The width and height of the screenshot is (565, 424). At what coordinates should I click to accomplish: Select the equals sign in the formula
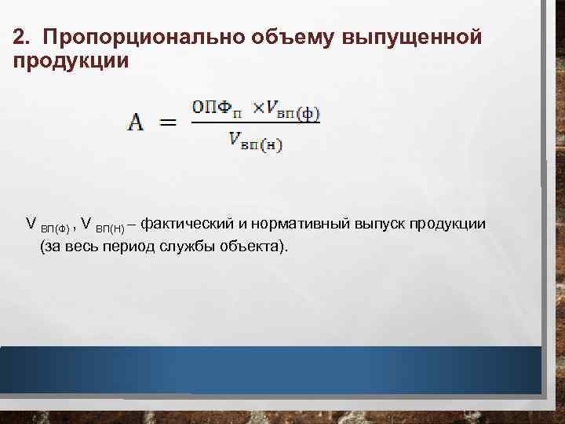pyautogui.click(x=167, y=124)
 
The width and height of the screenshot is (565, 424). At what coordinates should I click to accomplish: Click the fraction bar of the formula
pyautogui.click(x=255, y=123)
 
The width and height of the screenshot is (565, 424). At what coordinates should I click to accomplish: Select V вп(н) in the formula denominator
pyautogui.click(x=256, y=141)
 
